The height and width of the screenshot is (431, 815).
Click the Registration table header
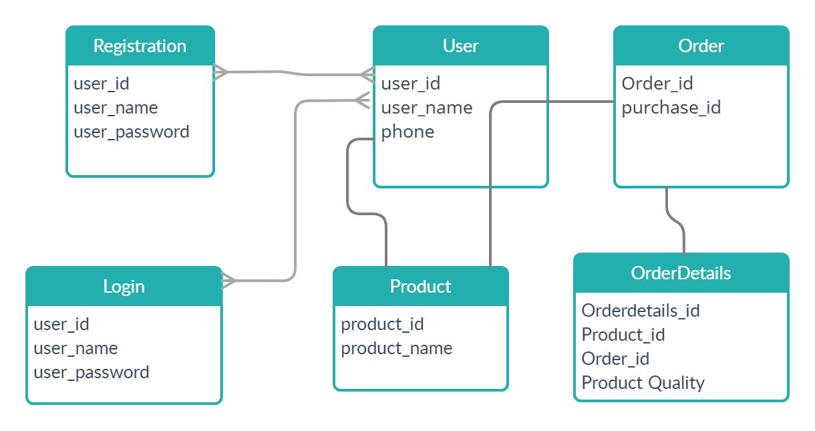pyautogui.click(x=140, y=46)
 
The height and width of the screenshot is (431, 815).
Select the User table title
pyautogui.click(x=460, y=46)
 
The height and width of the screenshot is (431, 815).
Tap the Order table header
pyautogui.click(x=701, y=46)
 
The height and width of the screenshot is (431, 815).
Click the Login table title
pyautogui.click(x=124, y=287)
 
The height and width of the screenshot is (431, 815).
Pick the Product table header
pyautogui.click(x=420, y=287)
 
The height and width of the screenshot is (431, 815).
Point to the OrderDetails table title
pyautogui.click(x=681, y=273)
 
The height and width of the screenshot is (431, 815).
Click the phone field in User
pyautogui.click(x=407, y=132)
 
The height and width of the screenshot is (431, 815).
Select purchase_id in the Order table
pyautogui.click(x=671, y=108)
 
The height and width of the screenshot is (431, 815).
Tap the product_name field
pyautogui.click(x=396, y=349)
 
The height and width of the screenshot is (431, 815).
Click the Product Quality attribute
pyautogui.click(x=643, y=383)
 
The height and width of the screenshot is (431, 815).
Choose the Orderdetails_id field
pyautogui.click(x=640, y=311)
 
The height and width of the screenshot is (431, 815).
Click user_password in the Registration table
pyautogui.click(x=132, y=132)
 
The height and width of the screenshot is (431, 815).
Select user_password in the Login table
pyautogui.click(x=92, y=373)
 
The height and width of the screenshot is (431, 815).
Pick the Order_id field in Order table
pyautogui.click(x=657, y=84)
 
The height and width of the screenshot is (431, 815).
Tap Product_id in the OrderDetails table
pyautogui.click(x=623, y=335)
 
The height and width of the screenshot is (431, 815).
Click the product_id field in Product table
pyautogui.click(x=382, y=325)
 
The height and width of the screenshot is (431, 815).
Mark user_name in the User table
pyautogui.click(x=426, y=108)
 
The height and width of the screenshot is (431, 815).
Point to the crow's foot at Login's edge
pyautogui.click(x=228, y=281)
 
